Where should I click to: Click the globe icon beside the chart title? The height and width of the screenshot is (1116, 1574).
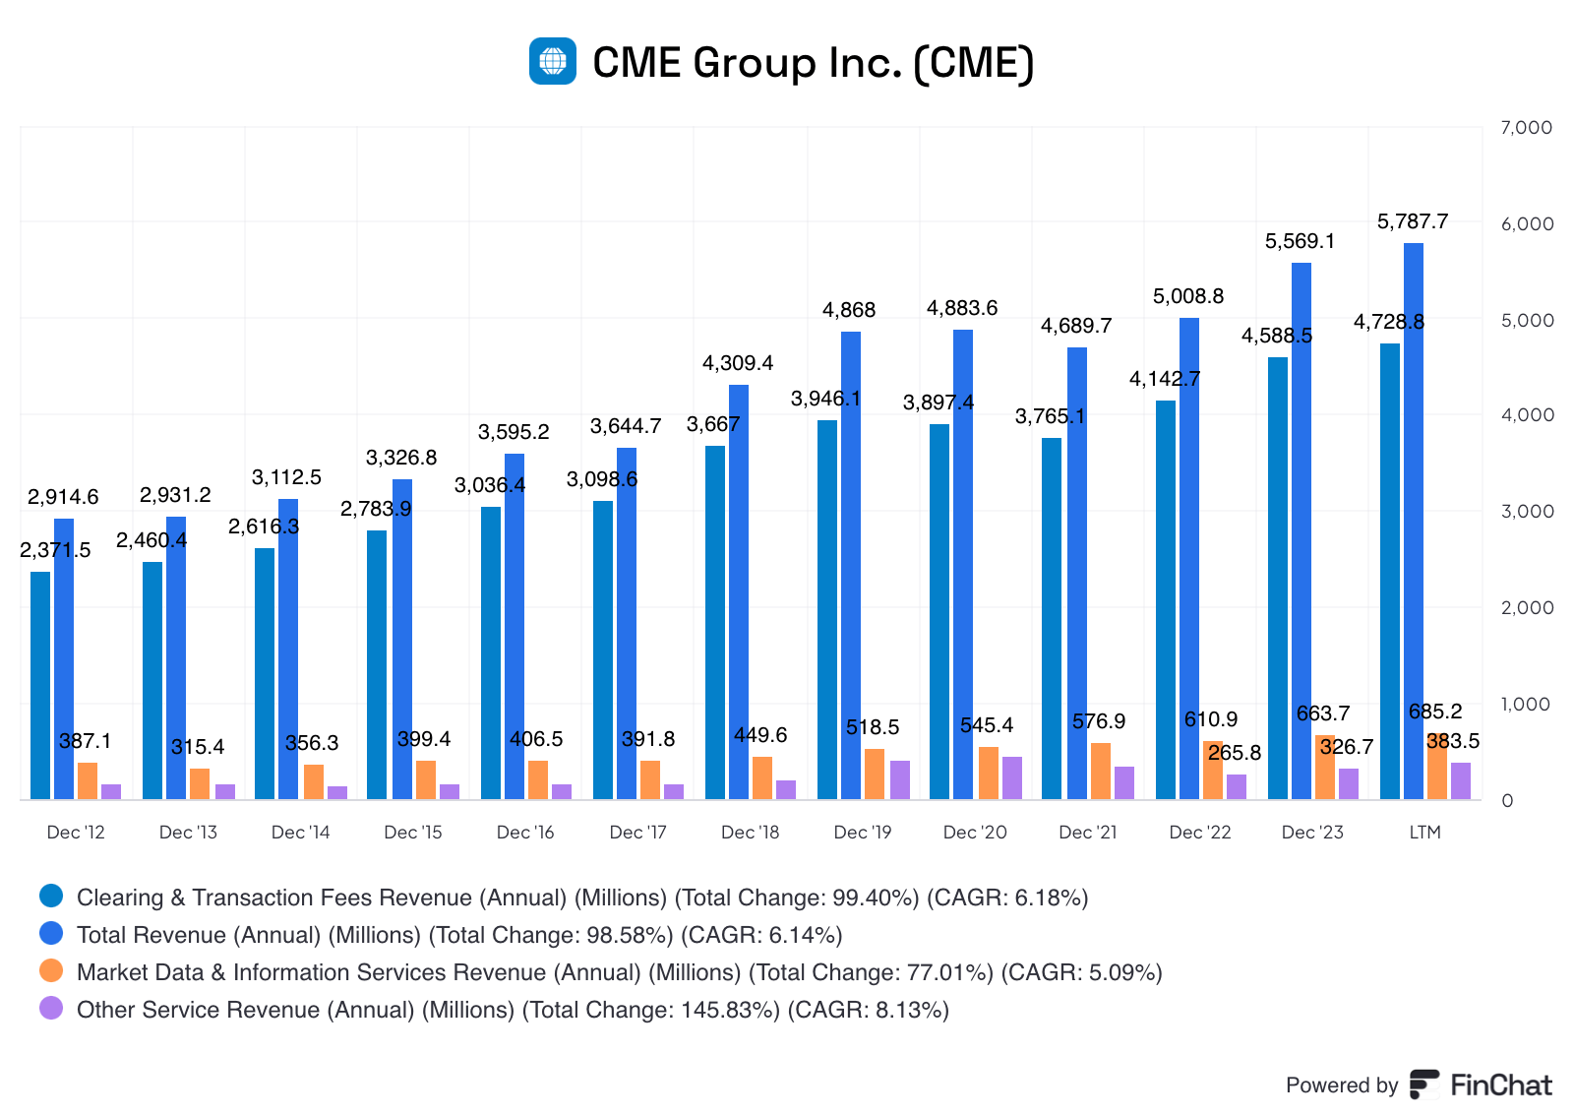553,61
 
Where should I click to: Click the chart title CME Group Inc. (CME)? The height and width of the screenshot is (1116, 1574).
813,62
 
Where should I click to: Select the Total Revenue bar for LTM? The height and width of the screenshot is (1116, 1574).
1414,522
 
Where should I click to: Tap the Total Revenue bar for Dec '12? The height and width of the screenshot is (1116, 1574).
64,659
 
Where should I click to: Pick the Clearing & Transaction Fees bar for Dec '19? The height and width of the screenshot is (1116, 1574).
827,610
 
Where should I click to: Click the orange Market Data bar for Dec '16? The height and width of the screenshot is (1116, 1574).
538,779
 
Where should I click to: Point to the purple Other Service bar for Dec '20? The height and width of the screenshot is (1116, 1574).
1012,777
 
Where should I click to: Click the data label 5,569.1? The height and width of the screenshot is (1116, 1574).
1300,241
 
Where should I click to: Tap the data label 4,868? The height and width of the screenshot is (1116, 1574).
849,310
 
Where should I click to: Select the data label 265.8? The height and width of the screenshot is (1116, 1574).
1235,753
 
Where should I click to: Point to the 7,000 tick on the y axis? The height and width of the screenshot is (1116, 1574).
1526,128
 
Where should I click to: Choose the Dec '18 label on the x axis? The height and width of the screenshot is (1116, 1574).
750,833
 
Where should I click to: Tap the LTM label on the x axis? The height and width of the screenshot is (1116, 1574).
1424,833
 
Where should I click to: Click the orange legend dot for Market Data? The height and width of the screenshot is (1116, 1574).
51,971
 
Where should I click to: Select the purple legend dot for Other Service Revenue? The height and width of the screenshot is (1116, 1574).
51,1009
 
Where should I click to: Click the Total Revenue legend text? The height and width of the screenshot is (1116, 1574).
459,935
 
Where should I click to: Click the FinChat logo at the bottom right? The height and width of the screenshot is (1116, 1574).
1481,1085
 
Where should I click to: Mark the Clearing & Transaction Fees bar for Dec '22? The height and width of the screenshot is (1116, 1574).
1166,600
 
